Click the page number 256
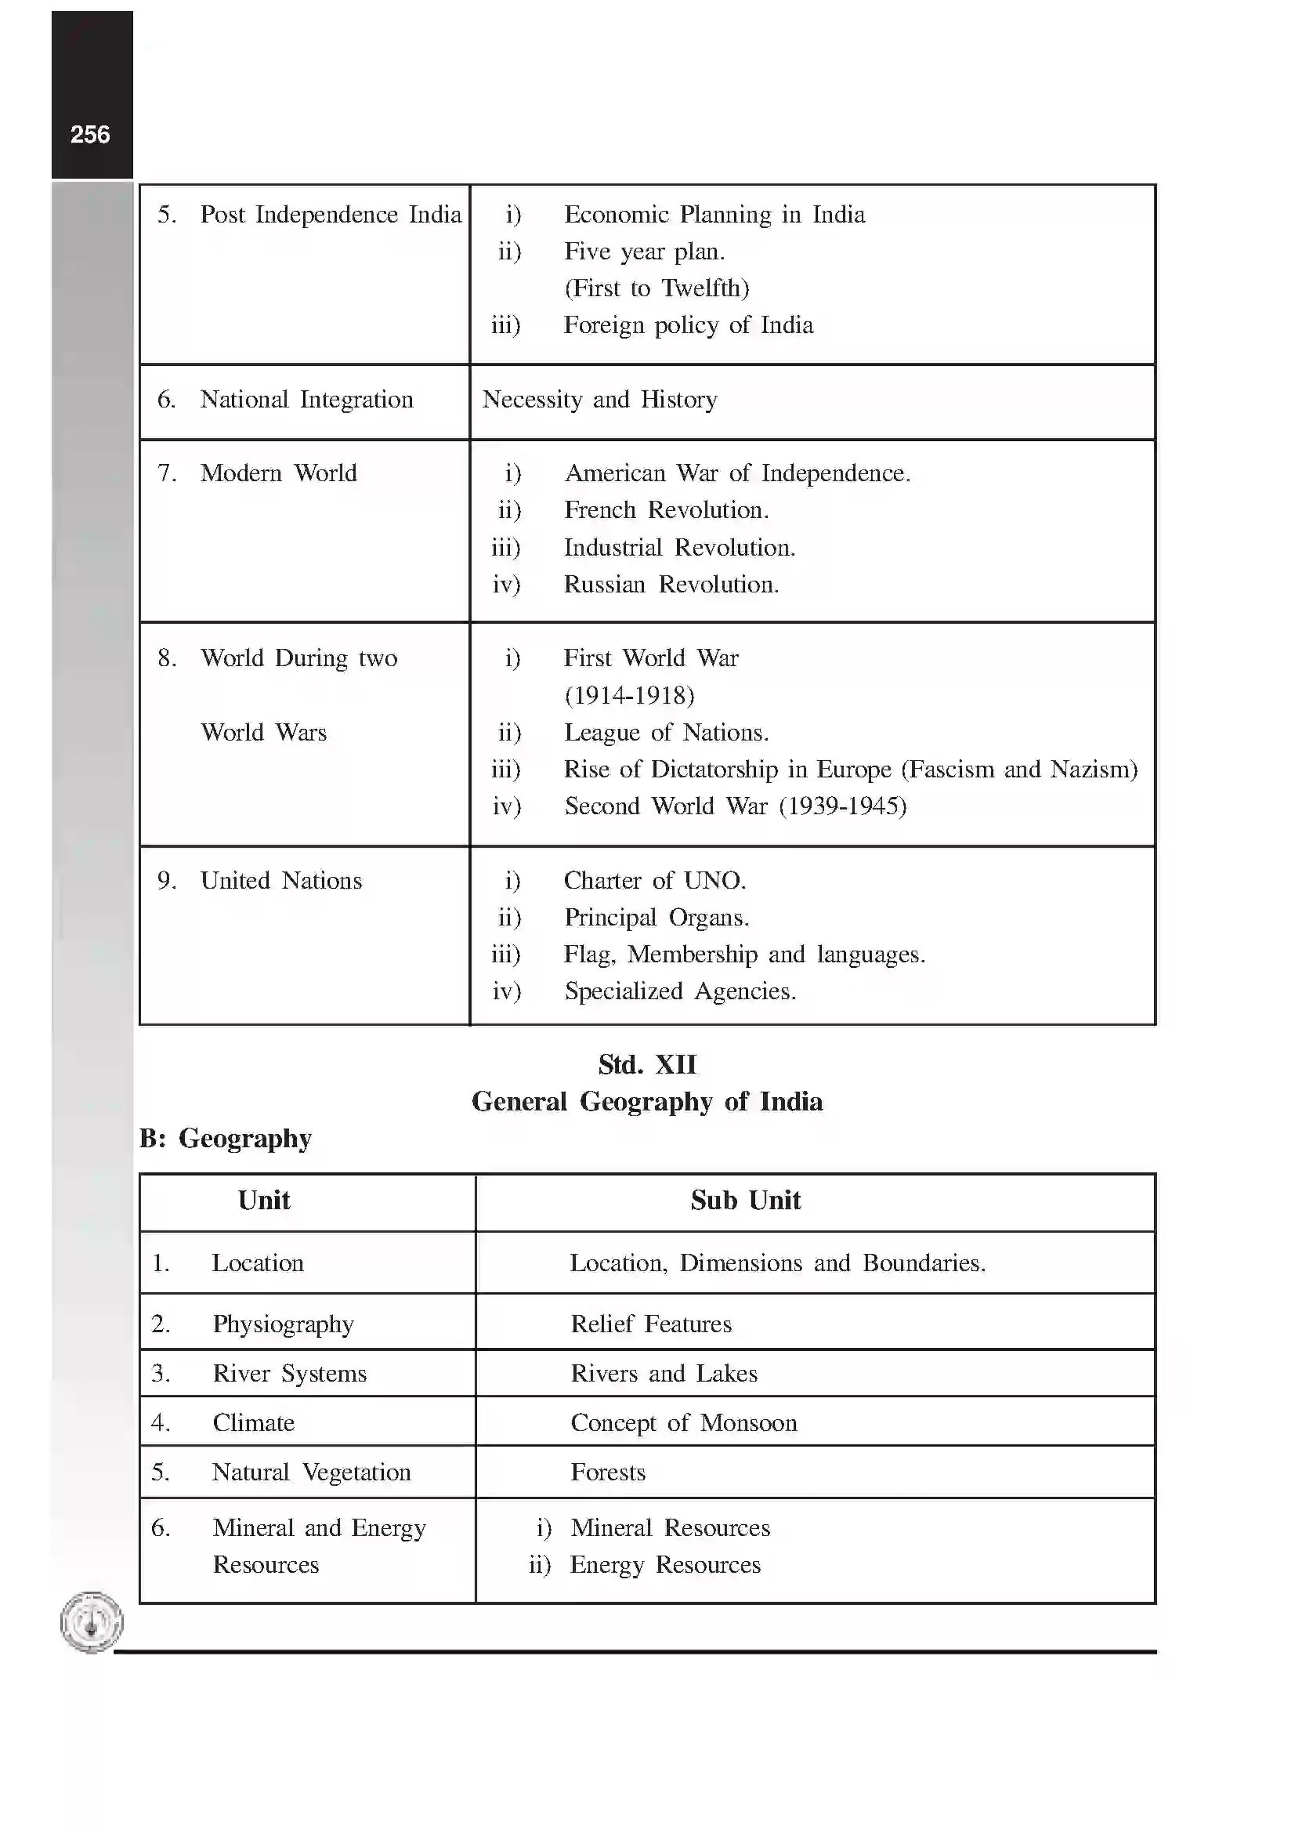coord(90,135)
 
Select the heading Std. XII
coord(646,1064)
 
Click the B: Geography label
coord(225,1138)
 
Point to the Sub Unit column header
coord(745,1201)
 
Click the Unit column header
coord(263,1201)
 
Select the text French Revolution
coord(666,510)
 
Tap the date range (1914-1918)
coord(630,695)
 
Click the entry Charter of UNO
coord(654,881)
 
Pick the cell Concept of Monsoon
coord(684,1422)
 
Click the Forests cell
coord(608,1473)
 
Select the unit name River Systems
coord(290,1373)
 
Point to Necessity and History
coord(599,399)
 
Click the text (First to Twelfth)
coord(657,288)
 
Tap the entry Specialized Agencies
coord(680,991)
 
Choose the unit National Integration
coord(306,399)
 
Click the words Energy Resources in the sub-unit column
coord(664,1565)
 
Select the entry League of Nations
coord(666,733)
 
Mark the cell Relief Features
coord(651,1324)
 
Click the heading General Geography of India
coord(646,1102)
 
